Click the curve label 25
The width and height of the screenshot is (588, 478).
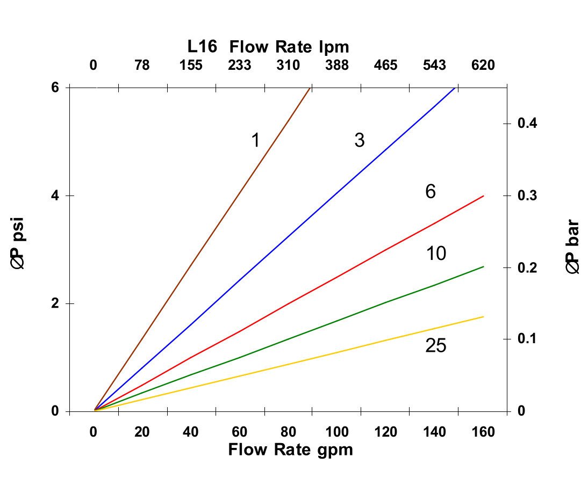435,346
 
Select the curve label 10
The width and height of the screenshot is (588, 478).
436,253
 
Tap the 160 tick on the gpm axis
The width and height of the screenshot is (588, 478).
483,431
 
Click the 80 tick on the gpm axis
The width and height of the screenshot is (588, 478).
289,431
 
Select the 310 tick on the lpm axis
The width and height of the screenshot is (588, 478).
288,66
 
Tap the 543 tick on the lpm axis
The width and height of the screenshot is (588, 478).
434,66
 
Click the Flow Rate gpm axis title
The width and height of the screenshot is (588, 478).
291,449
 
